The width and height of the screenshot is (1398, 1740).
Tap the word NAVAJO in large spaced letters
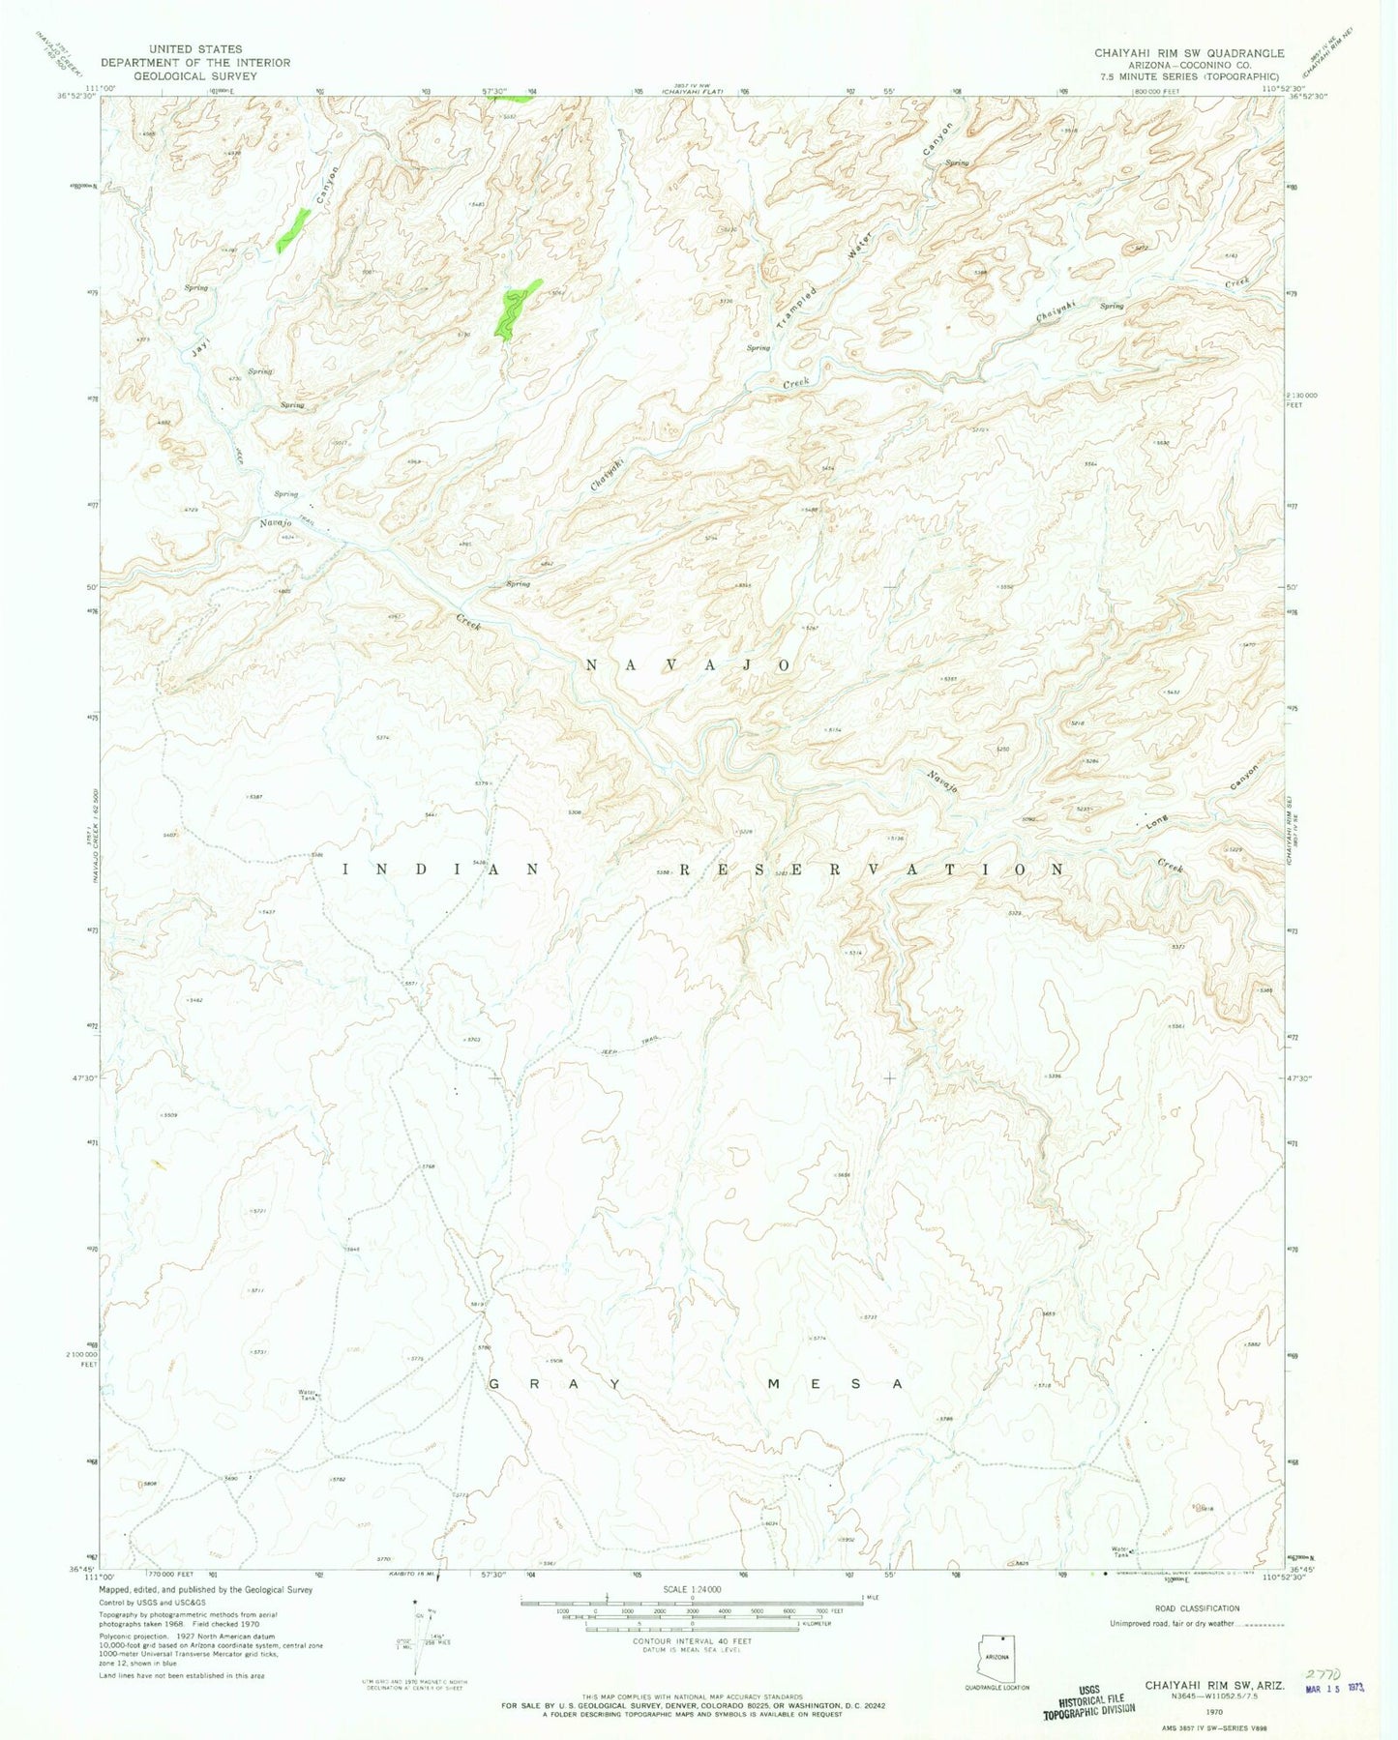click(x=690, y=665)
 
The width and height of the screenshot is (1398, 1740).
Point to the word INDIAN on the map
click(x=441, y=869)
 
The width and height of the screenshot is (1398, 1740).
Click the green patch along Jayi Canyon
click(x=292, y=230)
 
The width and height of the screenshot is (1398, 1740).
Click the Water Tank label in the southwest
click(x=308, y=1395)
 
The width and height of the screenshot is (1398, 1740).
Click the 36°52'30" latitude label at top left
click(x=75, y=96)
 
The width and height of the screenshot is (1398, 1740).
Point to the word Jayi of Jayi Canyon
click(x=200, y=349)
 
